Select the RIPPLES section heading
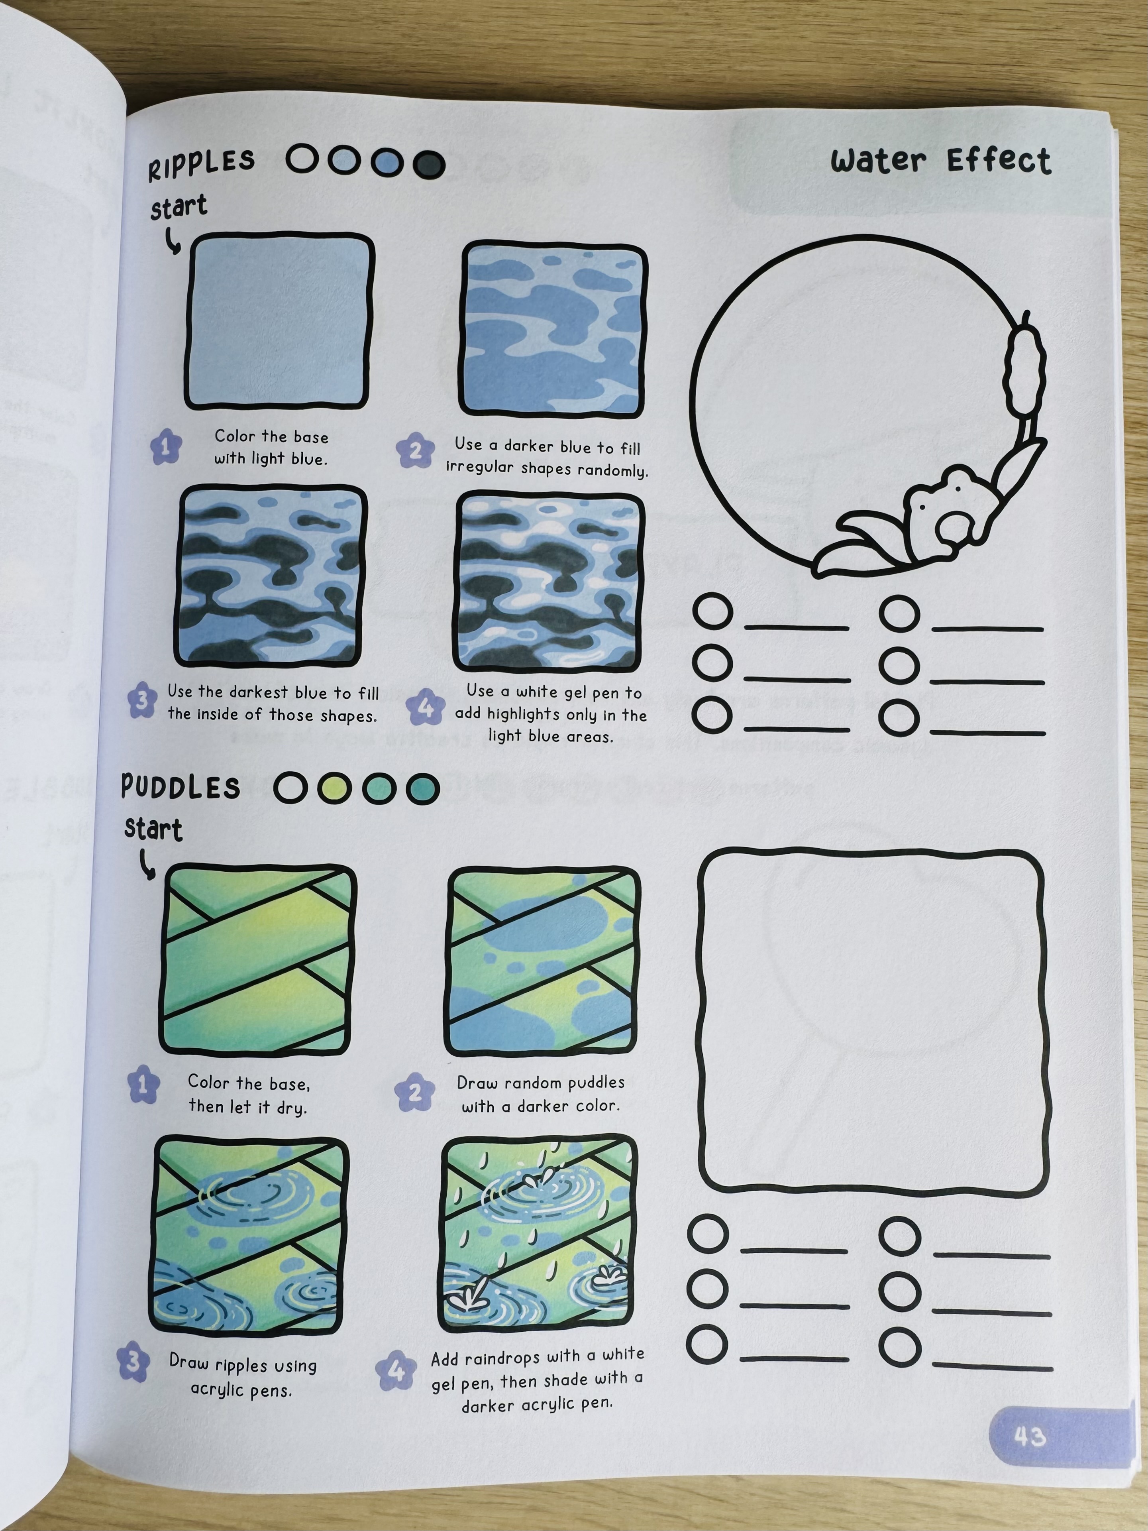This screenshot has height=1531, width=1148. click(x=201, y=165)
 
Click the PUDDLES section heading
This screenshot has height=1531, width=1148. click(x=181, y=787)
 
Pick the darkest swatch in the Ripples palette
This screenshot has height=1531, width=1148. click(x=429, y=164)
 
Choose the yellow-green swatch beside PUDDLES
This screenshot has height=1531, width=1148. click(x=334, y=788)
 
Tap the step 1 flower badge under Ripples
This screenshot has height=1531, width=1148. click(x=165, y=447)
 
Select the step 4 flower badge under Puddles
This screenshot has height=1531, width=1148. click(x=396, y=1370)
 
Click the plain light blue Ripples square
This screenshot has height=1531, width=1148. click(x=280, y=320)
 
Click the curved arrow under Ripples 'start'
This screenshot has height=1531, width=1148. click(x=172, y=241)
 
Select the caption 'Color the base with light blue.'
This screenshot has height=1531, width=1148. click(x=271, y=447)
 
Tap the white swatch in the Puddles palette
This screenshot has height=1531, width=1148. click(x=290, y=788)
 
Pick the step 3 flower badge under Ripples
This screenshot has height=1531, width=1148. click(x=142, y=700)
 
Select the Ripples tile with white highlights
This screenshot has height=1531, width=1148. click(x=549, y=582)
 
